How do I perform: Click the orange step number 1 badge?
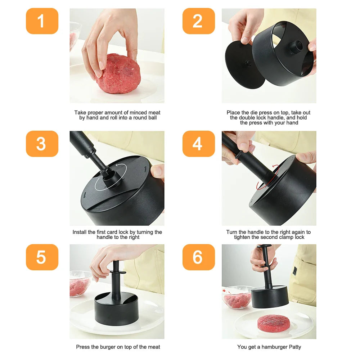point(42,21)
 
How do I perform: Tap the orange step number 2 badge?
point(198,21)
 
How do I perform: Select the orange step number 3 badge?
point(42,144)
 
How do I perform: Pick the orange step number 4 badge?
point(198,144)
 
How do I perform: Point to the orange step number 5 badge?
point(42,257)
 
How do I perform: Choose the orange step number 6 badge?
point(198,257)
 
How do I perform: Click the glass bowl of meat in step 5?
point(80,284)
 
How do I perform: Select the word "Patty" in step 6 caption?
point(293,347)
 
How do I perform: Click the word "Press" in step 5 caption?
point(83,347)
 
